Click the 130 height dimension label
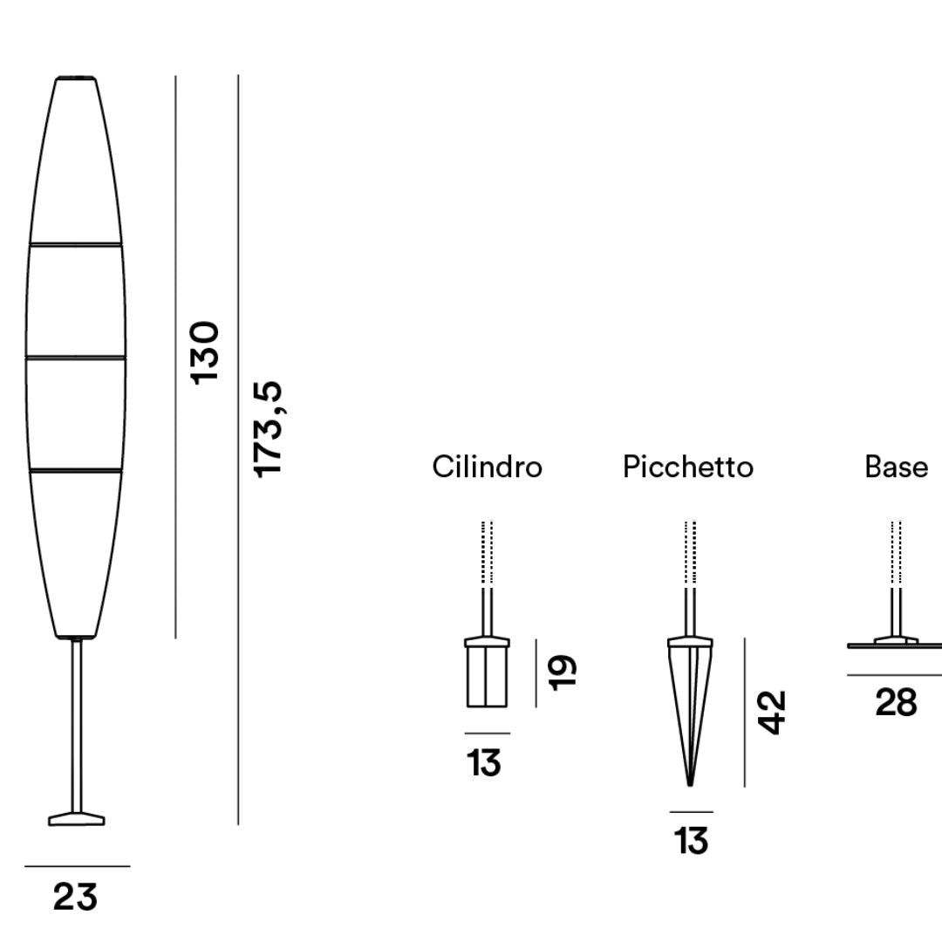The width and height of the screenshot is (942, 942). (204, 352)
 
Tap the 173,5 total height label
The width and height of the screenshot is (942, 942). (268, 429)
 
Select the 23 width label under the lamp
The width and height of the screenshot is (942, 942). (75, 898)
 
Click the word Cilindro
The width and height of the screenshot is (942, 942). (488, 467)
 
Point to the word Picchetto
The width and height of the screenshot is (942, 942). (688, 467)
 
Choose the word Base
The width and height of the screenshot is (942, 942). (897, 467)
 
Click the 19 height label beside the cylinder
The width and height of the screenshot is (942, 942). (563, 672)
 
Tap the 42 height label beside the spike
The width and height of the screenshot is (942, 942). (771, 713)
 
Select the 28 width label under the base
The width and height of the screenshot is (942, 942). (897, 702)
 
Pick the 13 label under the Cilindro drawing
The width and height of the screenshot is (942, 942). (483, 763)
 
